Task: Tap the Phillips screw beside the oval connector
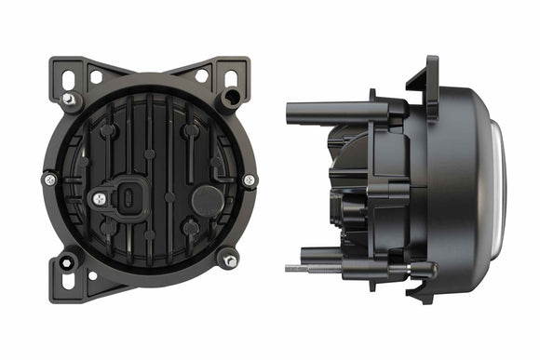tap(98, 197)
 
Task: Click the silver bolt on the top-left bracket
tap(69, 99)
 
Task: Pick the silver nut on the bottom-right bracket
tap(228, 261)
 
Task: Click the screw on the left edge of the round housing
tap(49, 179)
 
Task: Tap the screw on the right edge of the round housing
tap(249, 180)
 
